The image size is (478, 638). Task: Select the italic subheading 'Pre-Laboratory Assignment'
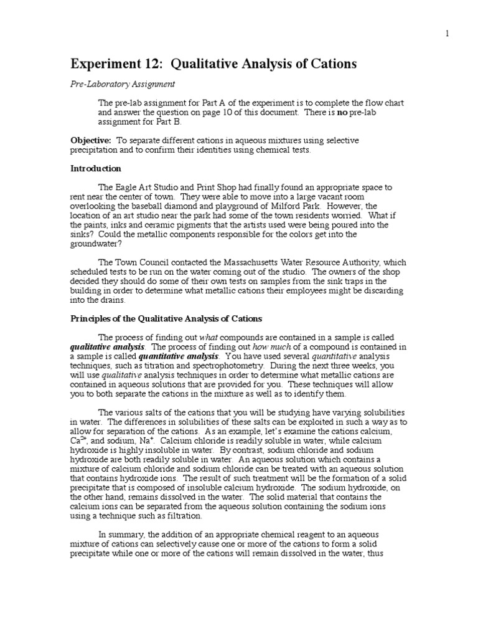[123, 83]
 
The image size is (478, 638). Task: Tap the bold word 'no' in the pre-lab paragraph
[341, 112]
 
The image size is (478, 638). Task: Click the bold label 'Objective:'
[91, 141]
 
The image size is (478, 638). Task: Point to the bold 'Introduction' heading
[96, 168]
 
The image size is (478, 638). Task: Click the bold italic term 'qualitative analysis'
[107, 347]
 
